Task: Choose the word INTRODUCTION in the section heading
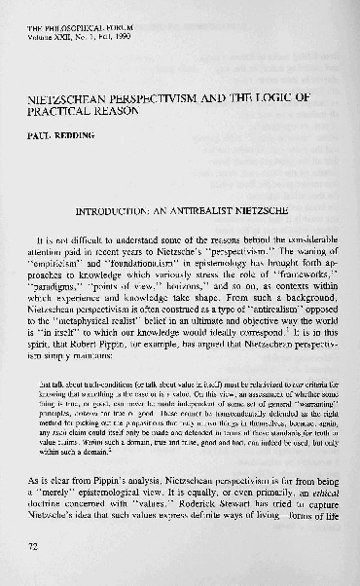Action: coord(115,209)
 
